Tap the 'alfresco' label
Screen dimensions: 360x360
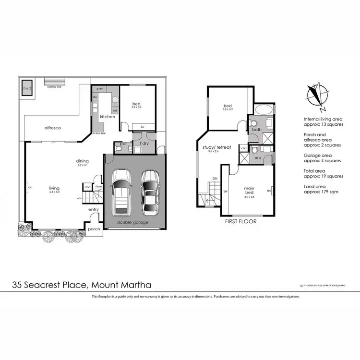tap(53, 128)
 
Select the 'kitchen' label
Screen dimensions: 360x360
tap(107, 117)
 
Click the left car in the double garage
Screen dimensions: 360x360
tap(120, 193)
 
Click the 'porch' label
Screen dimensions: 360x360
tap(94, 229)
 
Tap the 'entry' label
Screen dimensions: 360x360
tap(94, 209)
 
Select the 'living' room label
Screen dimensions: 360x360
tap(54, 188)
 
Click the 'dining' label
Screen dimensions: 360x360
tap(83, 161)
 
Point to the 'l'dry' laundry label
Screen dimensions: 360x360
tap(143, 144)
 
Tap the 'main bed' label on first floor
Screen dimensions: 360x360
tap(249, 191)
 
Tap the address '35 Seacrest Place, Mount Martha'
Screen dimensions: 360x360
tap(85, 285)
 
